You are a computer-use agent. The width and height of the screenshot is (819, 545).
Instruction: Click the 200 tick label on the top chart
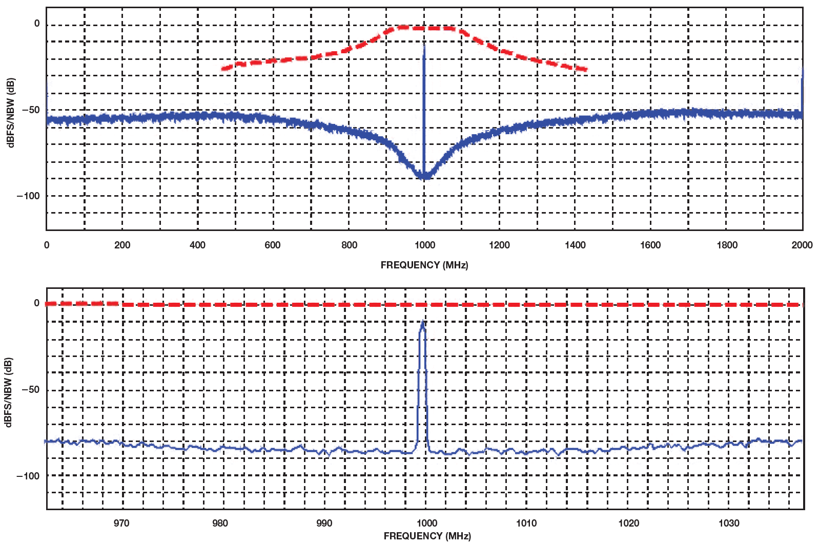122,245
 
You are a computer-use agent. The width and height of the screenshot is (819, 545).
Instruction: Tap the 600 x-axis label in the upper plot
273,245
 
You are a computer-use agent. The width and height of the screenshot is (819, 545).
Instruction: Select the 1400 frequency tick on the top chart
575,245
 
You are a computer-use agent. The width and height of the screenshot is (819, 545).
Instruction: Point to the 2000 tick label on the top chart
802,245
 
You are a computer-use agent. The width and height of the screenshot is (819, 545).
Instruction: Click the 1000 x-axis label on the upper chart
425,245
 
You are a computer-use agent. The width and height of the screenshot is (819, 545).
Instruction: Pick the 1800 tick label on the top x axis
727,245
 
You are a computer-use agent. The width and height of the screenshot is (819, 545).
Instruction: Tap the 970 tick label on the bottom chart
121,523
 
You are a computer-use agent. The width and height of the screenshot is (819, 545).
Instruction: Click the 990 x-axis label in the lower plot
324,523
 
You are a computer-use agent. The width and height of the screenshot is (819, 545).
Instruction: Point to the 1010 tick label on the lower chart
526,523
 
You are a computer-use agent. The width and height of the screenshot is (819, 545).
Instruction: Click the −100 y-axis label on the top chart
28,196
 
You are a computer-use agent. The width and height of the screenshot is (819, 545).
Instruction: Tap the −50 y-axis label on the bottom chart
30,390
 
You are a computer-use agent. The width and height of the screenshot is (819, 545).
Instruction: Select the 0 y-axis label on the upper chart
37,24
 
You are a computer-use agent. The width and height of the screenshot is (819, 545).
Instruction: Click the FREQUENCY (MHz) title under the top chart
424,265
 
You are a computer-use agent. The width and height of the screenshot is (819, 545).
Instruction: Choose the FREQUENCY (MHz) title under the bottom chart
427,536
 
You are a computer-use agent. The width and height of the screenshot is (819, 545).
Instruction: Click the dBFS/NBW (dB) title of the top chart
11,113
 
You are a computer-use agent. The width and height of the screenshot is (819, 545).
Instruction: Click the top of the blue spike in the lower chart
422,322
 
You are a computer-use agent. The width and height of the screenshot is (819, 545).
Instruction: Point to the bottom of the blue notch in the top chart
424,178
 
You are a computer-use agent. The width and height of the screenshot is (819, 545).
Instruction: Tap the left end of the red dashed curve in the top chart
222,68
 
